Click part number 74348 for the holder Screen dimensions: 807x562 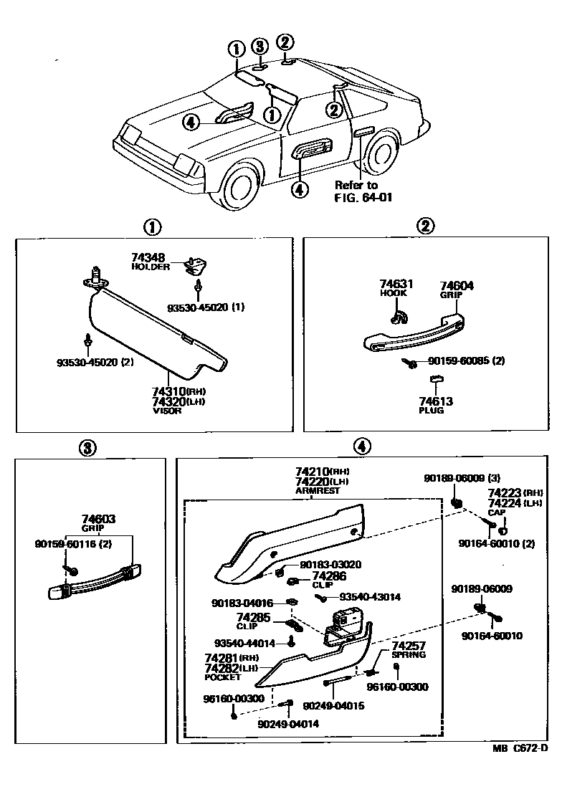147,257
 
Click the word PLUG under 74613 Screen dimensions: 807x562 431,411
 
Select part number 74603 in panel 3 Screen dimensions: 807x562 98,518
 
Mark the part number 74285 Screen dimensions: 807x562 253,616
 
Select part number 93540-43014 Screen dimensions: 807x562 370,596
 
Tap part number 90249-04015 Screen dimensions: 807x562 333,706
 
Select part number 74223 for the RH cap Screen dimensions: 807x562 505,493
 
